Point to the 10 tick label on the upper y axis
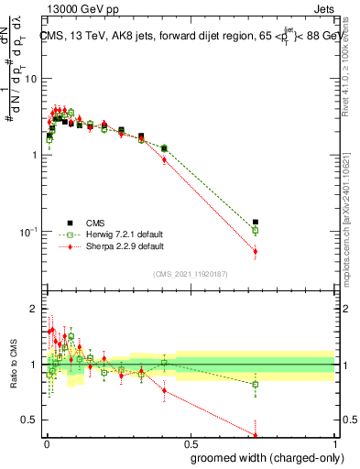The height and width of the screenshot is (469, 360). (x=29, y=79)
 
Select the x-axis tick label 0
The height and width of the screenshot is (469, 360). (x=47, y=447)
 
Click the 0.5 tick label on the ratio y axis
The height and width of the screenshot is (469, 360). (x=29, y=420)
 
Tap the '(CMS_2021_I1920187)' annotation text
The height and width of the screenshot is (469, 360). (x=190, y=274)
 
